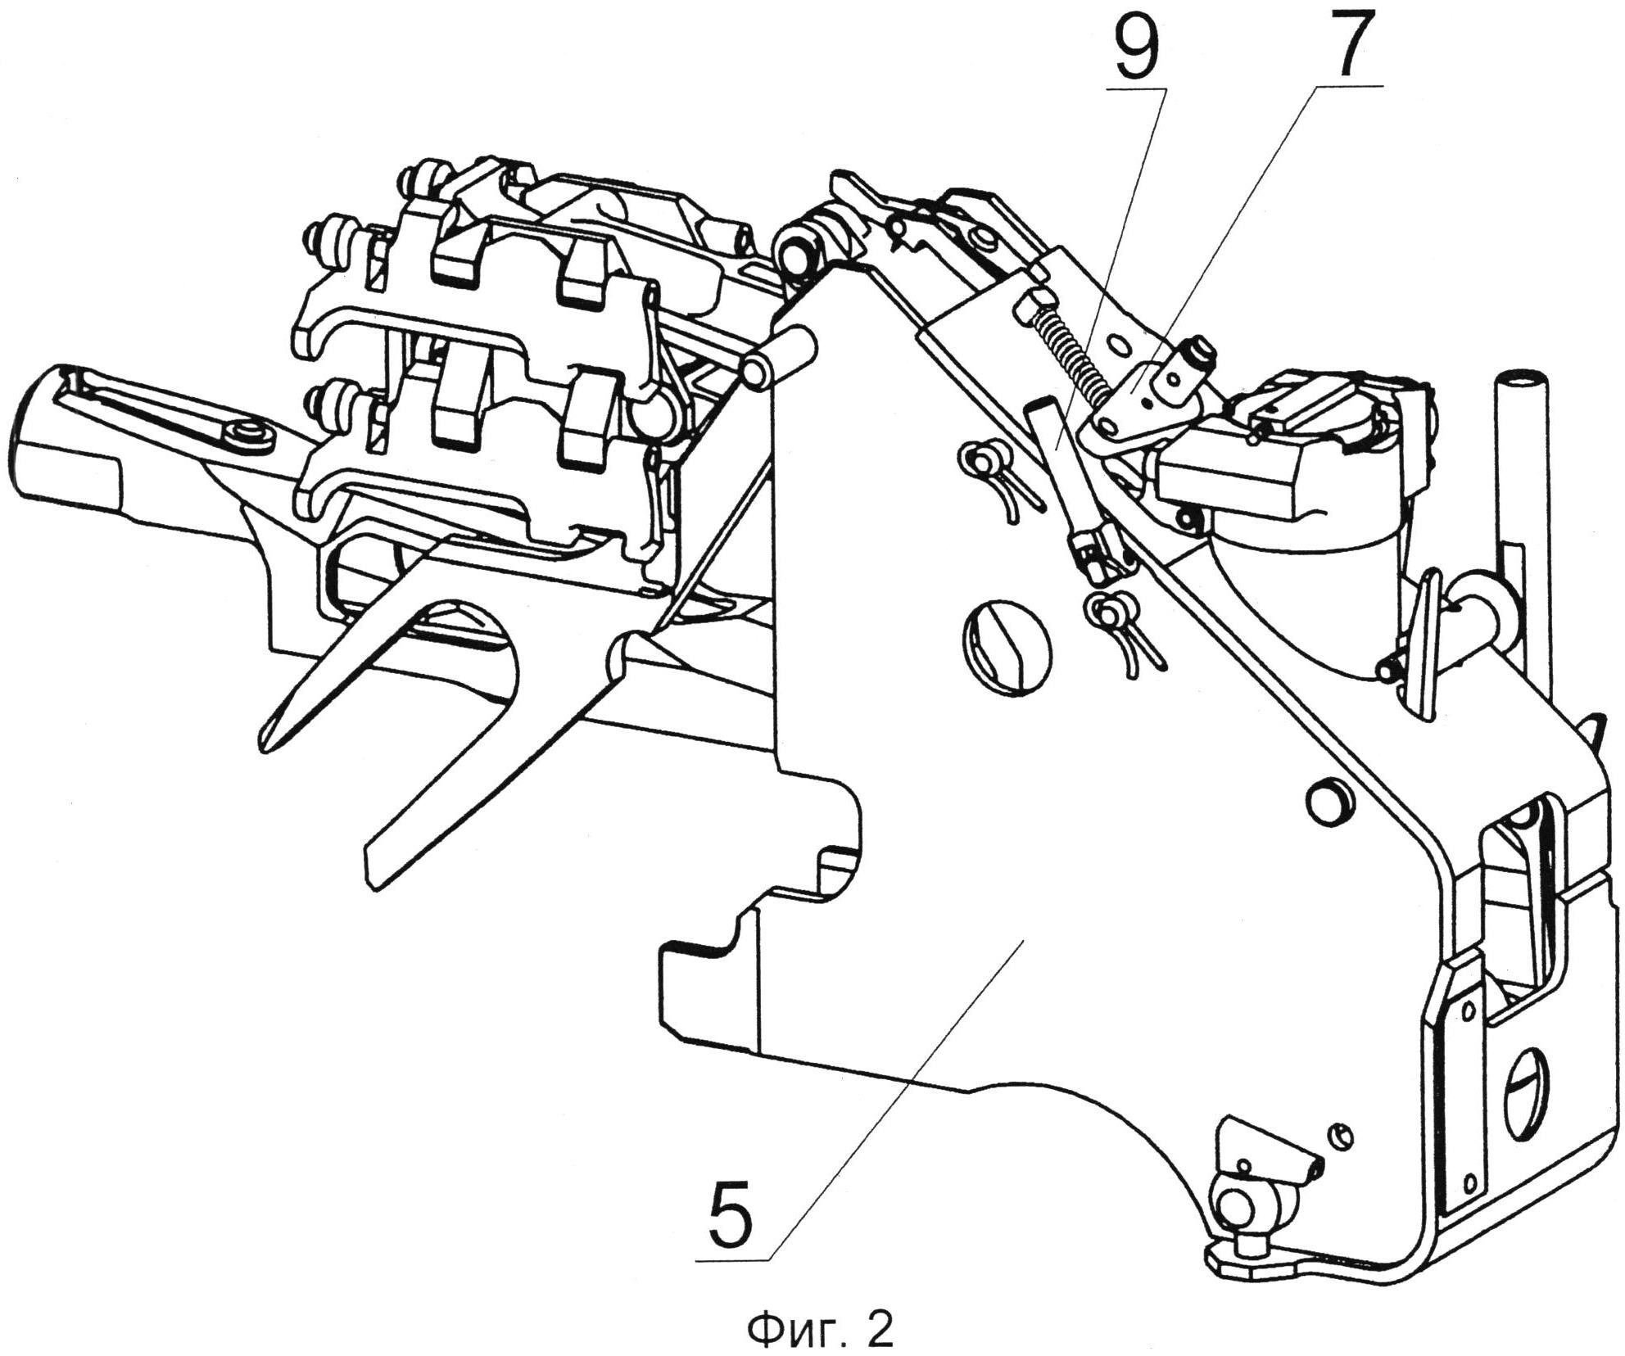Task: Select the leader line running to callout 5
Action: tap(893, 1105)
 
